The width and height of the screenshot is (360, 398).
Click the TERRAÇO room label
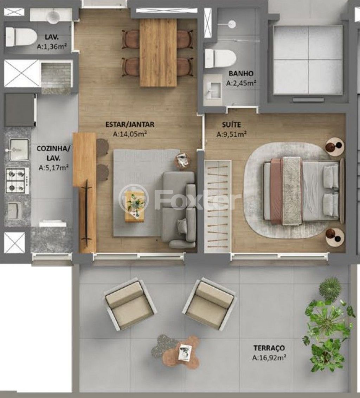coord(269,348)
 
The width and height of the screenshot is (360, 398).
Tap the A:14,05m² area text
coord(130,134)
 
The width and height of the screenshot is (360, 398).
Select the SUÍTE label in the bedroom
coord(231,124)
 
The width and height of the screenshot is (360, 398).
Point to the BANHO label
coord(241,73)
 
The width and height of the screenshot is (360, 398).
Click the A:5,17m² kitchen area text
coord(53,167)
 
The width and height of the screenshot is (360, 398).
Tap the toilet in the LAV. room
coord(21,37)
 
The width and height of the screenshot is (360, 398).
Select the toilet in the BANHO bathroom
coord(220,58)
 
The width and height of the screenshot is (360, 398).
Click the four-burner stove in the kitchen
coord(17,181)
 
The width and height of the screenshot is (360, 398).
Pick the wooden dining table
coord(158,52)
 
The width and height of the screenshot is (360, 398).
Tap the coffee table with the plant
coord(135,206)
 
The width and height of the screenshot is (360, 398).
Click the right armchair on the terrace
coord(210,303)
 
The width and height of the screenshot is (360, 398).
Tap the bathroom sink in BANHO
coord(213,90)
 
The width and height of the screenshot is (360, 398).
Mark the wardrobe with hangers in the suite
coord(218,206)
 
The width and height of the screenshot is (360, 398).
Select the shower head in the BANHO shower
coord(232,24)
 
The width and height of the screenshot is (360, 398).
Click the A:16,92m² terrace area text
coord(269,358)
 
